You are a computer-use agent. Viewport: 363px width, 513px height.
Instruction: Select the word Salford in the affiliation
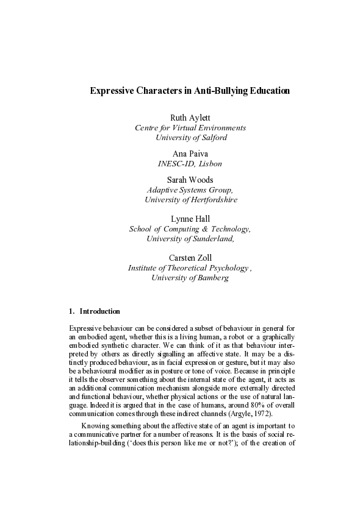tap(211, 138)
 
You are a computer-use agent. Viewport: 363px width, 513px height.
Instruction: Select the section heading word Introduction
tap(100, 311)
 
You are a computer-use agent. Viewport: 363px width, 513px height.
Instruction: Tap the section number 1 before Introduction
tap(72, 311)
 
